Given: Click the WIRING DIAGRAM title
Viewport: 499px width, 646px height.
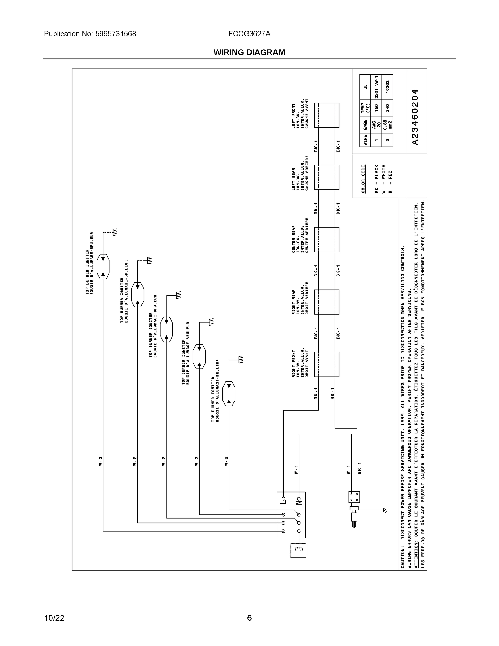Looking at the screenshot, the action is (249, 52).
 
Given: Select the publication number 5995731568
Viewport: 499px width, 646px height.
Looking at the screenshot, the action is (115, 34).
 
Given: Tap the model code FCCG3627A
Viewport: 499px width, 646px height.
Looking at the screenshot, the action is (249, 34).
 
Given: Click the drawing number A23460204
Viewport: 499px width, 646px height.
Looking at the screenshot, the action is (415, 117).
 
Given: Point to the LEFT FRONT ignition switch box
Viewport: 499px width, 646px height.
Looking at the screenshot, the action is (327, 115).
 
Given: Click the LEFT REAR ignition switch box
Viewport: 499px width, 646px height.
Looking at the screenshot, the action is (327, 177).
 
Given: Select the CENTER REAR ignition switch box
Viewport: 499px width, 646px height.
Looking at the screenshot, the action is (327, 240).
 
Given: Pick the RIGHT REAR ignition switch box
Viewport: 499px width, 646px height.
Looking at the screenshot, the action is (327, 302).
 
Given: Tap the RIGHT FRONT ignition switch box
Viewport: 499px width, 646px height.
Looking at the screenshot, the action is (327, 364).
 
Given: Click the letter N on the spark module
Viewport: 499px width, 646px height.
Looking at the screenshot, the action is (299, 502).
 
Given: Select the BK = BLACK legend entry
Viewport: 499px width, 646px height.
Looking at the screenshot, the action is (377, 179).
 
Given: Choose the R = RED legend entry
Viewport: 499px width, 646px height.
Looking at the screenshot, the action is (390, 182).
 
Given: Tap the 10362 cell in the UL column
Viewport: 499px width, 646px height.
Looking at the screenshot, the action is (388, 87).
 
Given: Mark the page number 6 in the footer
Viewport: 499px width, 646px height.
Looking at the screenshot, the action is (249, 618).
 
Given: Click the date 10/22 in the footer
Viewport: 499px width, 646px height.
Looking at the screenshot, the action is (54, 618).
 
